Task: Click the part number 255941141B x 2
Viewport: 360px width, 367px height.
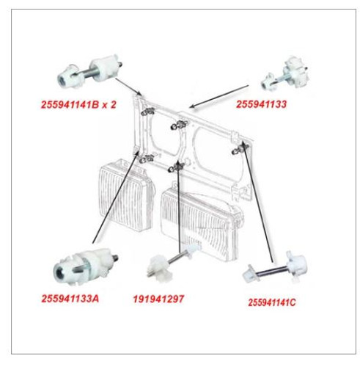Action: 78,105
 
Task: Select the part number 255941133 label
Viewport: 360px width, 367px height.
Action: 261,104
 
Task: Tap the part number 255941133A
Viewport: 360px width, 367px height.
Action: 70,299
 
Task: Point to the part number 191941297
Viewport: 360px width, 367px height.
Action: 158,299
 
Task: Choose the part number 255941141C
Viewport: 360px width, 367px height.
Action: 272,302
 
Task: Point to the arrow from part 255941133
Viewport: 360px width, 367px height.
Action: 219,96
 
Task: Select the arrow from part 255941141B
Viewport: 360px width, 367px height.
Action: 128,87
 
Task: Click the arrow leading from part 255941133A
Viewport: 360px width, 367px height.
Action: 116,197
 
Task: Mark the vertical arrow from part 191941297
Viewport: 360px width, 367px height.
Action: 179,207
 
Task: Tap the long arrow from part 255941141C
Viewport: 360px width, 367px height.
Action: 259,205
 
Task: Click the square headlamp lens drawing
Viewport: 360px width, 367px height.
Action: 126,195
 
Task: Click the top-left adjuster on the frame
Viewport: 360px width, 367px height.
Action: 147,112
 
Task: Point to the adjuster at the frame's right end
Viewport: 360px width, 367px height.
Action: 240,149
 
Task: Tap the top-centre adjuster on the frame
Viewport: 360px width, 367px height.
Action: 179,125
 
